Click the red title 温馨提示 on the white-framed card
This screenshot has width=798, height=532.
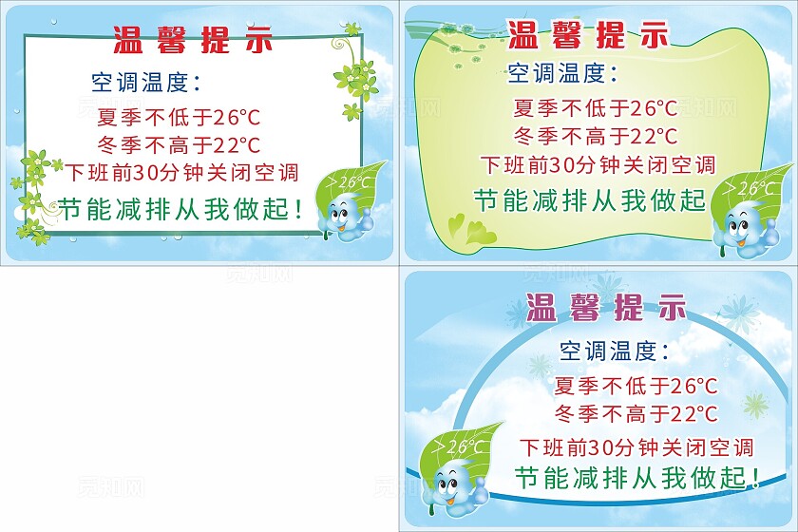click(x=193, y=40)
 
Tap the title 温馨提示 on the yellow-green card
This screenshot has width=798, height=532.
click(x=588, y=35)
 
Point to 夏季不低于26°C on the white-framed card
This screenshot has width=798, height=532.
click(x=179, y=118)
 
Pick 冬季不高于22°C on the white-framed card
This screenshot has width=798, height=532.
click(x=179, y=145)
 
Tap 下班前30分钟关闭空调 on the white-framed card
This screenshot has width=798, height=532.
click(x=182, y=173)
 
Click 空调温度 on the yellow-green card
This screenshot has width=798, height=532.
click(x=561, y=72)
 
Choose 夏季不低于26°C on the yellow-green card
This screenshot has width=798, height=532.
click(x=595, y=108)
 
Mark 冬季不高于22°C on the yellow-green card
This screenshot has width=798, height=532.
click(x=595, y=136)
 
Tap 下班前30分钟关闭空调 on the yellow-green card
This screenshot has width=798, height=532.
click(x=598, y=164)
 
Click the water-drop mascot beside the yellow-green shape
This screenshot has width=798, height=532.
click(x=742, y=228)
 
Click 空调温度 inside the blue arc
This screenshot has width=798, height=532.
click(x=614, y=351)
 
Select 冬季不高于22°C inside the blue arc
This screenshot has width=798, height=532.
click(x=636, y=414)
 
